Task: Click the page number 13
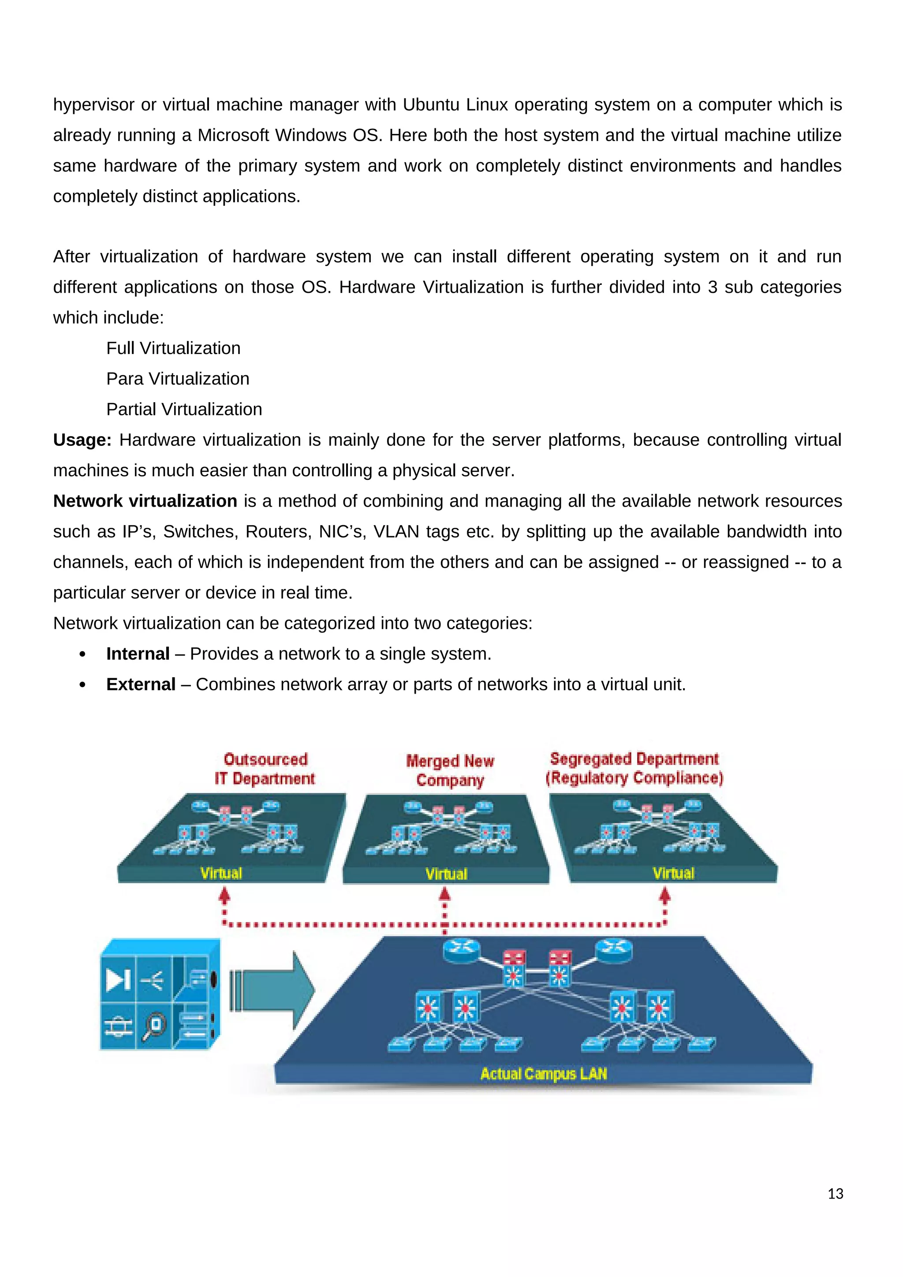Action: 835,1194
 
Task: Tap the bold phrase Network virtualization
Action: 145,501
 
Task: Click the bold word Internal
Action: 138,653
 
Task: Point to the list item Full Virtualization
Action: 173,348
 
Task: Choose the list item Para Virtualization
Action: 178,379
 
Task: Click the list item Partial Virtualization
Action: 184,409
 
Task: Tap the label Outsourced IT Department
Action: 265,769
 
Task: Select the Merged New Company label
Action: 450,770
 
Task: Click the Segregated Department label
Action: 634,768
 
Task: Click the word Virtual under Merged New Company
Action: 447,874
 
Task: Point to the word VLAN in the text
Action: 396,532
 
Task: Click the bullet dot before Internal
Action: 83,654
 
